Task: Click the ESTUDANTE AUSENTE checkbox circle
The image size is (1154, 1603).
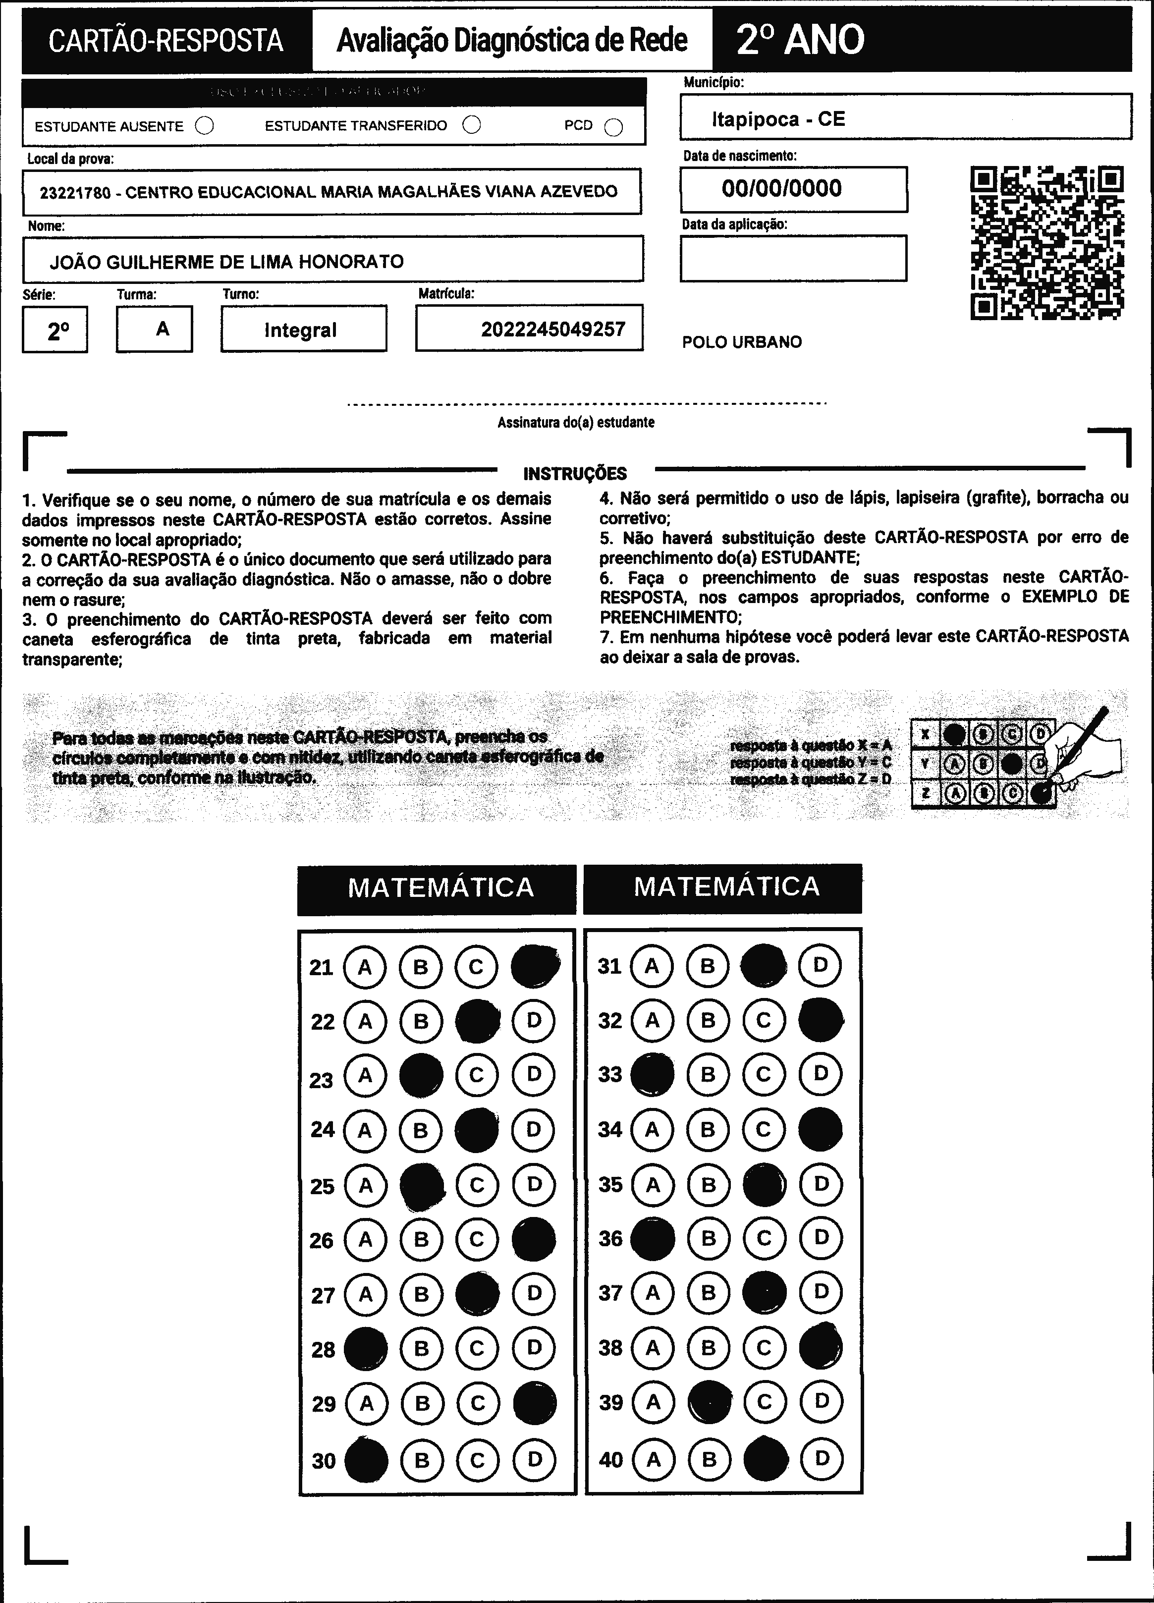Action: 205,126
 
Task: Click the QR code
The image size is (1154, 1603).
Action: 1047,242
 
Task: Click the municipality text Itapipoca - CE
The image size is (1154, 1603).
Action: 778,119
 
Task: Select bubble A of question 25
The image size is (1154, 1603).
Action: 365,1185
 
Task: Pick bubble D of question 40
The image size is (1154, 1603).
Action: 821,1458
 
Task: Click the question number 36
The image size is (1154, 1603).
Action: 610,1238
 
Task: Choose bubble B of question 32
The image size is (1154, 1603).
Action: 708,1020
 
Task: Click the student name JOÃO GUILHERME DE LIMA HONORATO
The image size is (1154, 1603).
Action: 227,262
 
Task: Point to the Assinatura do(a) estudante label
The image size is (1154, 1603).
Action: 576,423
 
